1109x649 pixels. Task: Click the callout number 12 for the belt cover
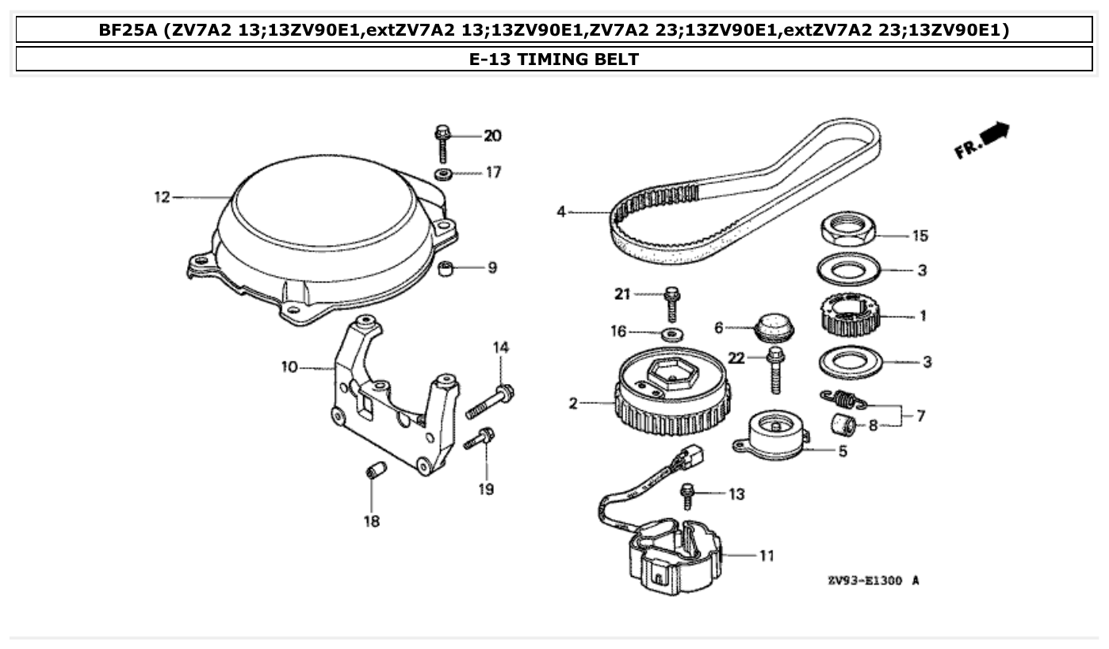(162, 197)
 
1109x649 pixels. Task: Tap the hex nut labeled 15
(847, 229)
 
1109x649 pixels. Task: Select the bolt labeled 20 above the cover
(442, 144)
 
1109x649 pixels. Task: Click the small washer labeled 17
(443, 173)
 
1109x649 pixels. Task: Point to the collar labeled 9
(449, 268)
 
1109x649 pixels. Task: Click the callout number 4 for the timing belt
(561, 212)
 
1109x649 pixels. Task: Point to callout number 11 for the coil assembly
(766, 555)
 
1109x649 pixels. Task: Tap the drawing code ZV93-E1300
(866, 580)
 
